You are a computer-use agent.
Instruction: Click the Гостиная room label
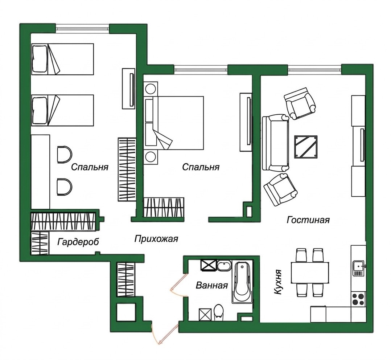(308, 220)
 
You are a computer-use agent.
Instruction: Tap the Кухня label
(277, 282)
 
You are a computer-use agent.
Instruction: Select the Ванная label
(212, 285)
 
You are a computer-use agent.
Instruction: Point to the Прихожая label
(156, 239)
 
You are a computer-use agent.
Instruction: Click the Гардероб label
(78, 242)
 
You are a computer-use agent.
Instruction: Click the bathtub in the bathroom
(242, 282)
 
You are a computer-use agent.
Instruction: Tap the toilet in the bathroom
(219, 312)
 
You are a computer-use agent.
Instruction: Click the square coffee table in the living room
(306, 147)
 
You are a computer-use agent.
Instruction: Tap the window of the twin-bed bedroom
(83, 28)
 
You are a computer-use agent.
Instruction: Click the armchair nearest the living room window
(300, 103)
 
